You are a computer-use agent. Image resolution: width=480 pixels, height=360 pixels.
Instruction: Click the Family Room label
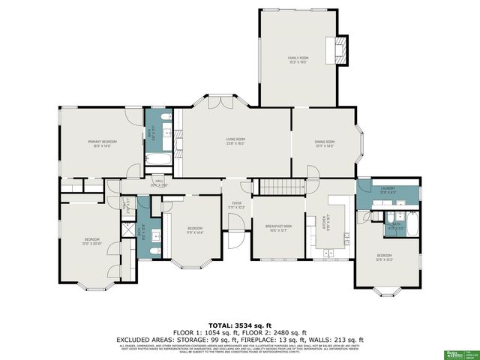(298, 59)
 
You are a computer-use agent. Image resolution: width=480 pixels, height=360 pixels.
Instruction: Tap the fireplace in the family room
(340, 50)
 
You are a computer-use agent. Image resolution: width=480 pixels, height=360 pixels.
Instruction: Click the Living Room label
(236, 141)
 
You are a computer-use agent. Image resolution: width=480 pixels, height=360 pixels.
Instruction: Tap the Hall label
(159, 182)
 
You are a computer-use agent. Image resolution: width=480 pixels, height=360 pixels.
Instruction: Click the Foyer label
(235, 205)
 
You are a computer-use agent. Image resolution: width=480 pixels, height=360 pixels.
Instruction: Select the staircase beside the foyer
(281, 187)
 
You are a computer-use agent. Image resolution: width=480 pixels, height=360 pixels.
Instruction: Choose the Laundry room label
(388, 191)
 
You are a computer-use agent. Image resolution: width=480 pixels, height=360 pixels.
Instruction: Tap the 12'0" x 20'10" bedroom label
(91, 241)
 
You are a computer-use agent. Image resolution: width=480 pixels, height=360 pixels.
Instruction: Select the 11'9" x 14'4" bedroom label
(194, 229)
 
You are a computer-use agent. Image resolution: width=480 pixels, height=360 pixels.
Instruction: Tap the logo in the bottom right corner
(455, 353)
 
